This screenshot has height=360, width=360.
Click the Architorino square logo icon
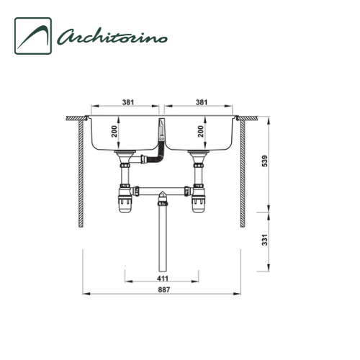[x=33, y=36]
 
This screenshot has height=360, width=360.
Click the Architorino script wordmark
[x=112, y=37]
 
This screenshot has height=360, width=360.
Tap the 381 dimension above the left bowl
[x=128, y=102]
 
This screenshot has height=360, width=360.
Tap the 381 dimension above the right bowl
[x=202, y=102]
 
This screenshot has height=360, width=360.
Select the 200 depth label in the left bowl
[x=114, y=132]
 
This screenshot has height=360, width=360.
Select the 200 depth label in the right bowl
[x=200, y=132]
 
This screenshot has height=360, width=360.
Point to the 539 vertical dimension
[x=264, y=161]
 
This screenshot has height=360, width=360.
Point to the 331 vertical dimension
[x=264, y=240]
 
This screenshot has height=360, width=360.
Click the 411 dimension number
[x=163, y=279]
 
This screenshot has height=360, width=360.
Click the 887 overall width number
[x=164, y=289]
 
